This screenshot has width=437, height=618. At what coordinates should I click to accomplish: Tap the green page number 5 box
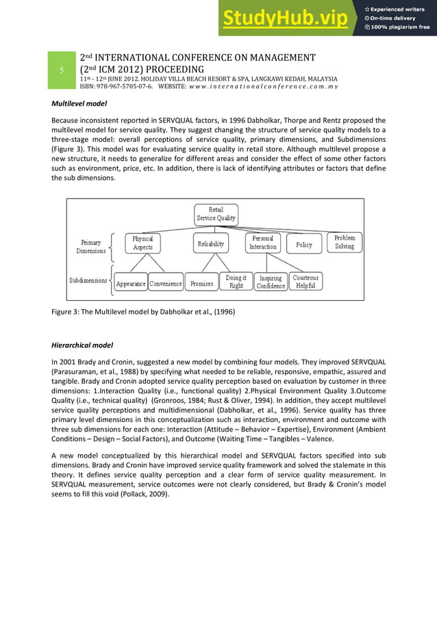(61, 71)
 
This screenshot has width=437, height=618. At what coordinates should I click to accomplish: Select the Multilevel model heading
(79, 105)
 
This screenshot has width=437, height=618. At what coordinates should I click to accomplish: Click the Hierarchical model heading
(83, 345)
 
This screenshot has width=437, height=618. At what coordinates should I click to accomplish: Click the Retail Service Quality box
(216, 214)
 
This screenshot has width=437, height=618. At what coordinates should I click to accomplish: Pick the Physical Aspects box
(143, 243)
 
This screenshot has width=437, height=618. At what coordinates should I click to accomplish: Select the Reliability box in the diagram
(211, 244)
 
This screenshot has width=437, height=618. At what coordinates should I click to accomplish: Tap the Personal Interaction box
(262, 243)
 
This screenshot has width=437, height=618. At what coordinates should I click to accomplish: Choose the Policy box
(304, 245)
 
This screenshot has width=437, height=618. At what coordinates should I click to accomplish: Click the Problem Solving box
(345, 242)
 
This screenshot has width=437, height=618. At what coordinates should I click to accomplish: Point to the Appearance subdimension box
(130, 283)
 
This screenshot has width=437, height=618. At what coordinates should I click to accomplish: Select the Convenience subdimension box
(166, 283)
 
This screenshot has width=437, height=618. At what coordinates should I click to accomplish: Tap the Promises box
(201, 283)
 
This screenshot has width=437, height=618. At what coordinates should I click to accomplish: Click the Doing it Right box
(236, 282)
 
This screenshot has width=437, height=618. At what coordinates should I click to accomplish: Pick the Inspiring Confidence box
(271, 282)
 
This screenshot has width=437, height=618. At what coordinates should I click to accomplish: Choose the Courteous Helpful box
(305, 282)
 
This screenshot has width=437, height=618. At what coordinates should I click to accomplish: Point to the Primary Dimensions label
(90, 247)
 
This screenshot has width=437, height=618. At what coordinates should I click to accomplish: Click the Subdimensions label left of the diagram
(88, 280)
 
